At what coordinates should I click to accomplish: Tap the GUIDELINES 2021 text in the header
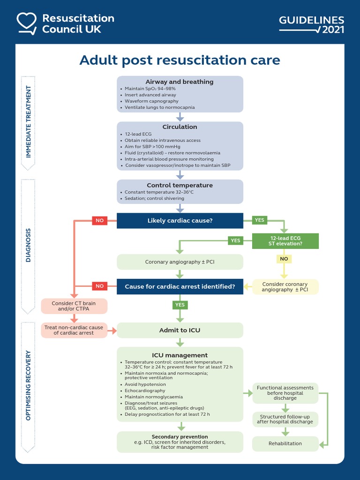(x=312, y=24)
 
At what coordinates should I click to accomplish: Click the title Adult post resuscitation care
(x=180, y=60)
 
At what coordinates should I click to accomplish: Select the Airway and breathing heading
(x=180, y=82)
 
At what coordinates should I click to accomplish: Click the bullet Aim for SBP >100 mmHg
(x=152, y=147)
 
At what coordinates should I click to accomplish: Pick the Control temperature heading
(x=180, y=185)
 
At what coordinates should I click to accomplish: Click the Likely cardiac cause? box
(x=180, y=220)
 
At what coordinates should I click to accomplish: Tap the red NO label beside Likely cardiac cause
(x=99, y=220)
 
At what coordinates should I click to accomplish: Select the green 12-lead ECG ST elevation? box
(x=285, y=240)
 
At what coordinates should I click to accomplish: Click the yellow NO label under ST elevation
(x=284, y=259)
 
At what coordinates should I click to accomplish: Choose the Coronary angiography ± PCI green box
(x=180, y=262)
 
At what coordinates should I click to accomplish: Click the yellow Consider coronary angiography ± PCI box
(x=285, y=287)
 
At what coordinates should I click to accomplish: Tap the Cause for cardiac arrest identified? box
(x=180, y=286)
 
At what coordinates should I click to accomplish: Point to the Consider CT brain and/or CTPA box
(x=74, y=306)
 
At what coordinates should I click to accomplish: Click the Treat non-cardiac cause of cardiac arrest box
(x=74, y=330)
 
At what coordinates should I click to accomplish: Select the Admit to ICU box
(x=180, y=330)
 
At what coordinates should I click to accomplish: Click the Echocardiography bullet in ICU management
(x=145, y=390)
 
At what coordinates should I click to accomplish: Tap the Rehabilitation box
(x=285, y=443)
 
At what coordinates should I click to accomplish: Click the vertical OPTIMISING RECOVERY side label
(x=29, y=384)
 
